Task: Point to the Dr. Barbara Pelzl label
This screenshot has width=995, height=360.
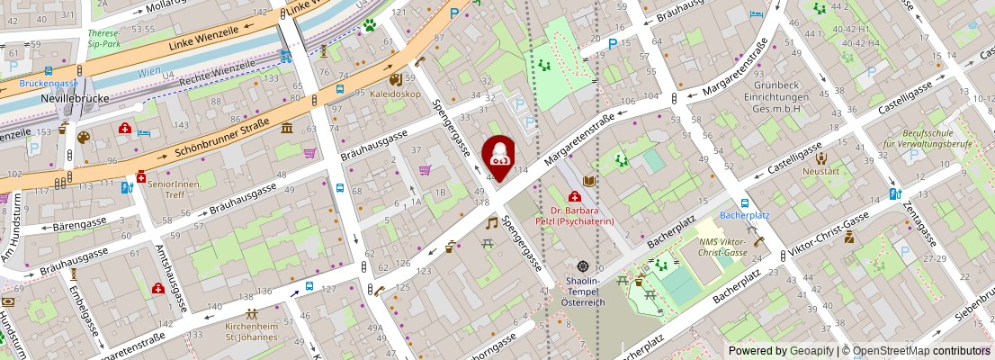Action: point(582,215)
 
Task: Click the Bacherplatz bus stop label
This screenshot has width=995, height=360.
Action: point(745,216)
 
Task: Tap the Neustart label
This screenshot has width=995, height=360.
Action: point(820,171)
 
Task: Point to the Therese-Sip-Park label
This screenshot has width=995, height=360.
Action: point(104,38)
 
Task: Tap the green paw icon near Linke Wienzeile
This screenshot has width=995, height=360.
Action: point(369,26)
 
